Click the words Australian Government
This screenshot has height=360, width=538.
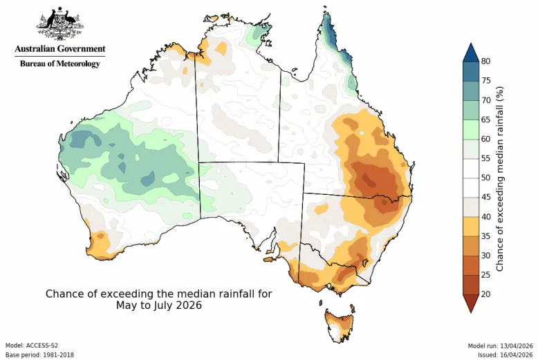tap(60, 49)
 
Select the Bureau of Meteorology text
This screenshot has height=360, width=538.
tap(59, 64)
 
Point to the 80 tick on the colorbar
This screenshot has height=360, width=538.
tap(486, 61)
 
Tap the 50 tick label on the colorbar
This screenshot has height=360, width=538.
tap(486, 178)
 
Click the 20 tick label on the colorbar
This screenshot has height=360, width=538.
tap(486, 294)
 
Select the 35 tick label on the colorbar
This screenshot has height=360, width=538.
tap(486, 236)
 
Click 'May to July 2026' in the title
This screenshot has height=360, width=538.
tap(158, 305)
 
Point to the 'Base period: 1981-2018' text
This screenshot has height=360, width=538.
tap(39, 354)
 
